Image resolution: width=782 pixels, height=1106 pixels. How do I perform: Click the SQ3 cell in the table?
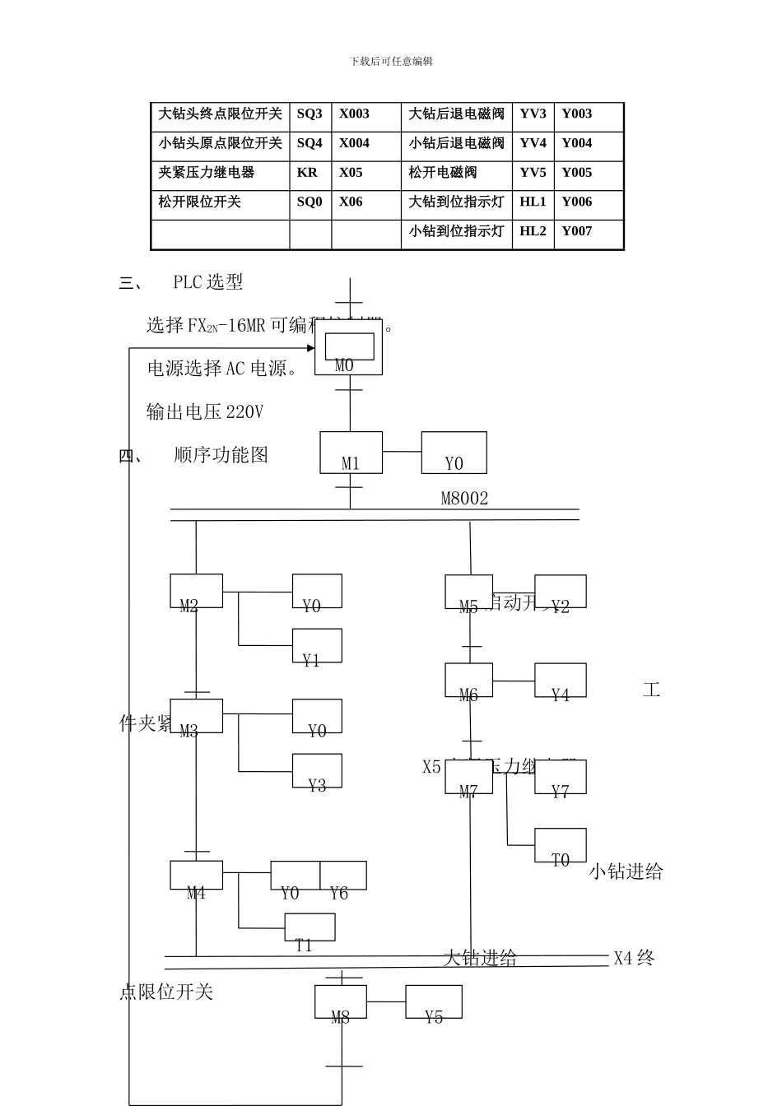point(310,114)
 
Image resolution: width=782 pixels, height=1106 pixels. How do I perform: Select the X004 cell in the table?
point(355,143)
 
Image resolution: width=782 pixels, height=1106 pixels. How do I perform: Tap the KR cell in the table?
point(307,173)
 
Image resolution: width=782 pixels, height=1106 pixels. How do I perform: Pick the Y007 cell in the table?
point(577,231)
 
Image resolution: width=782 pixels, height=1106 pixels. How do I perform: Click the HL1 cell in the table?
point(533,202)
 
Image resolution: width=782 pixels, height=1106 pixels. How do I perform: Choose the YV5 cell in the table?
point(533,173)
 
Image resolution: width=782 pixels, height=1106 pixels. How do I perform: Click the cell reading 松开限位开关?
point(200,202)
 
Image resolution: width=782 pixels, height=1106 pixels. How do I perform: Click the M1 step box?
point(351,453)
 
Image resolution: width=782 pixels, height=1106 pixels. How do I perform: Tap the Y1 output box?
point(317,646)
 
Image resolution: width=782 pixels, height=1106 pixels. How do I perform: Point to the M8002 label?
point(464,499)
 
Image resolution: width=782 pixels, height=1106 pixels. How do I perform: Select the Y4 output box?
point(561,681)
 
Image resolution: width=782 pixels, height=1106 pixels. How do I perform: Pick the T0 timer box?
point(561,845)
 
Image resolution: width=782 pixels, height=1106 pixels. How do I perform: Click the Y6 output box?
point(342,876)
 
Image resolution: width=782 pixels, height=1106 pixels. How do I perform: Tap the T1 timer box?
point(310,927)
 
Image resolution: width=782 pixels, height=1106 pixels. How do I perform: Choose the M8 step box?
point(340,1001)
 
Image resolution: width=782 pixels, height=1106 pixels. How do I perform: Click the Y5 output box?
point(433,1001)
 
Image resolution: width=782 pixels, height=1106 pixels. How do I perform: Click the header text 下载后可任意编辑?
point(391,62)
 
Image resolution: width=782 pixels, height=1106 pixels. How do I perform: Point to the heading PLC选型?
point(208,282)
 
